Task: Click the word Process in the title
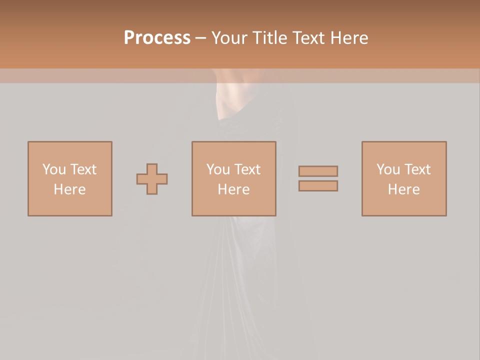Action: click(157, 38)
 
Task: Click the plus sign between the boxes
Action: click(152, 179)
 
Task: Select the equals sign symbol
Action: click(318, 178)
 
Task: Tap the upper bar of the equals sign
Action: click(318, 171)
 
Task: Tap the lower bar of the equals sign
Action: click(318, 186)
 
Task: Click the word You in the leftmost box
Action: click(54, 169)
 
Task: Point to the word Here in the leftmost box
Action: click(69, 189)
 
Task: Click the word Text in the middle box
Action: click(247, 169)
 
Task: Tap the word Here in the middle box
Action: click(233, 189)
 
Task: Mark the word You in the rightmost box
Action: click(388, 169)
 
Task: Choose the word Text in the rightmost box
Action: click(417, 169)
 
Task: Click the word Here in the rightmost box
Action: click(403, 189)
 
